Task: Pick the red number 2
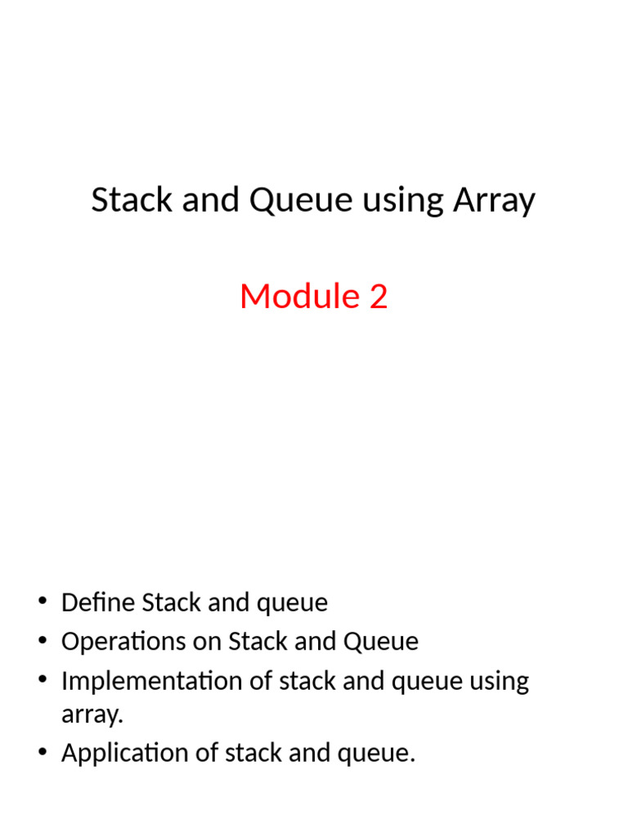(x=378, y=296)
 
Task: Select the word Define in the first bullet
(x=98, y=603)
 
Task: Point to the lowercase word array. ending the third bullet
(x=92, y=715)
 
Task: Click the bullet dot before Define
(x=42, y=603)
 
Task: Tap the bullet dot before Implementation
(x=42, y=681)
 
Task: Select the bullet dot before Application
(x=42, y=753)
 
